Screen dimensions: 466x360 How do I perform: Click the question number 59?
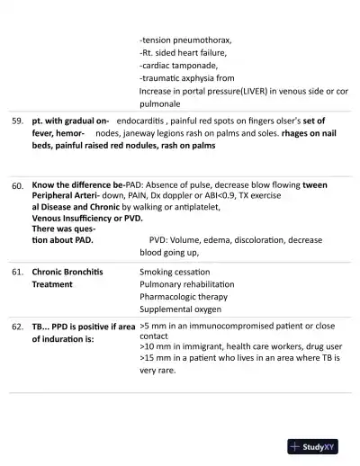pyautogui.click(x=17, y=121)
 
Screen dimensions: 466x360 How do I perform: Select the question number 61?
pyautogui.click(x=17, y=272)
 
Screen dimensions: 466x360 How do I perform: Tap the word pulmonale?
pyautogui.click(x=162, y=103)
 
